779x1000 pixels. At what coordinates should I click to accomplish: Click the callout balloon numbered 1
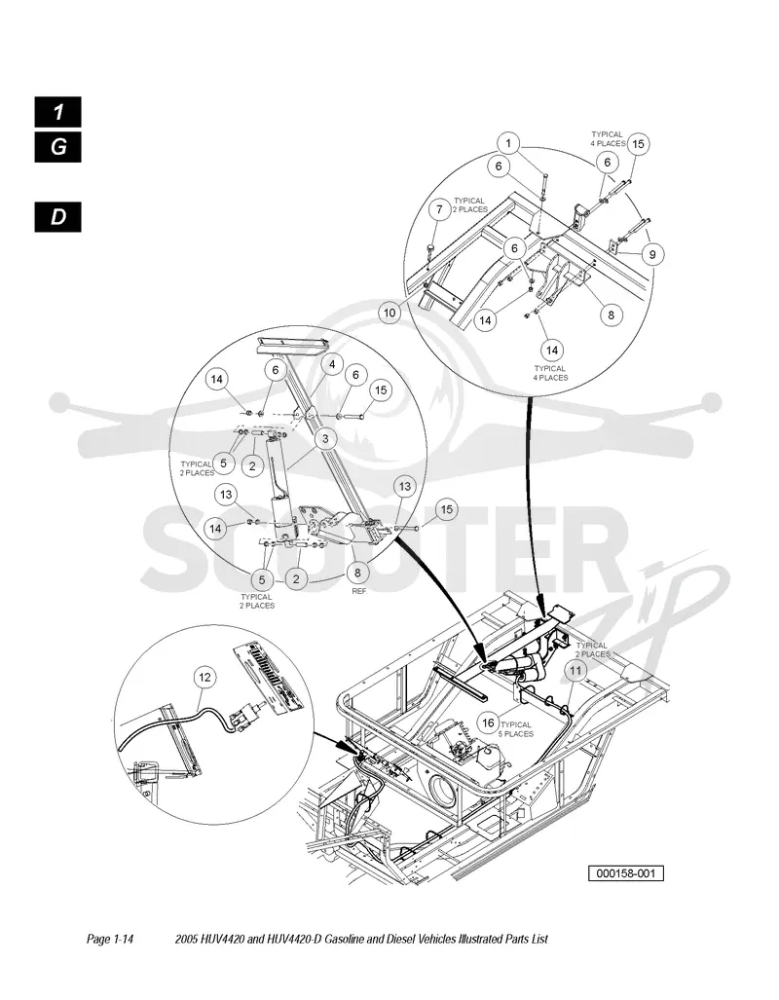coord(508,143)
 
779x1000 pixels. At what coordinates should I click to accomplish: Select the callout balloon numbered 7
coord(439,209)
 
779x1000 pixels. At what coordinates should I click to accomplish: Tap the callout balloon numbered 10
coord(389,314)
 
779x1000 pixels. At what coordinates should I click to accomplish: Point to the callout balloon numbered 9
coord(652,254)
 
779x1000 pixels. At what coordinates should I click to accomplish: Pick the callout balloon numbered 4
coord(332,365)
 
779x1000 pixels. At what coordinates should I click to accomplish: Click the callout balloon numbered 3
coord(326,439)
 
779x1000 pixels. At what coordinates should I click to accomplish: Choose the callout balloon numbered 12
coord(204,678)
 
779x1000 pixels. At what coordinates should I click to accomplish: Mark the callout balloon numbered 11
coord(576,671)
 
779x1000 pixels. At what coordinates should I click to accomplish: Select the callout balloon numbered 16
coord(488,722)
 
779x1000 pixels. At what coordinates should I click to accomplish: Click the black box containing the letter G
coord(58,147)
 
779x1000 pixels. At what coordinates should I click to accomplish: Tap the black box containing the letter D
coord(58,217)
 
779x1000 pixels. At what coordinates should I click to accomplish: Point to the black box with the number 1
coord(58,112)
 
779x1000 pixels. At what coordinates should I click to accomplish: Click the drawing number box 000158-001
coord(626,873)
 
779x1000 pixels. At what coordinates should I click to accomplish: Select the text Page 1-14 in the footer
coord(110,939)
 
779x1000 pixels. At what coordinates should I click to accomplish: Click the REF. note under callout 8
coord(360,591)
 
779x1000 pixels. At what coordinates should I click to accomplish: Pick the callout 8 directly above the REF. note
coord(357,573)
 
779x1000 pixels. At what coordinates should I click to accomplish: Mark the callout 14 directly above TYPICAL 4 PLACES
coord(552,351)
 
